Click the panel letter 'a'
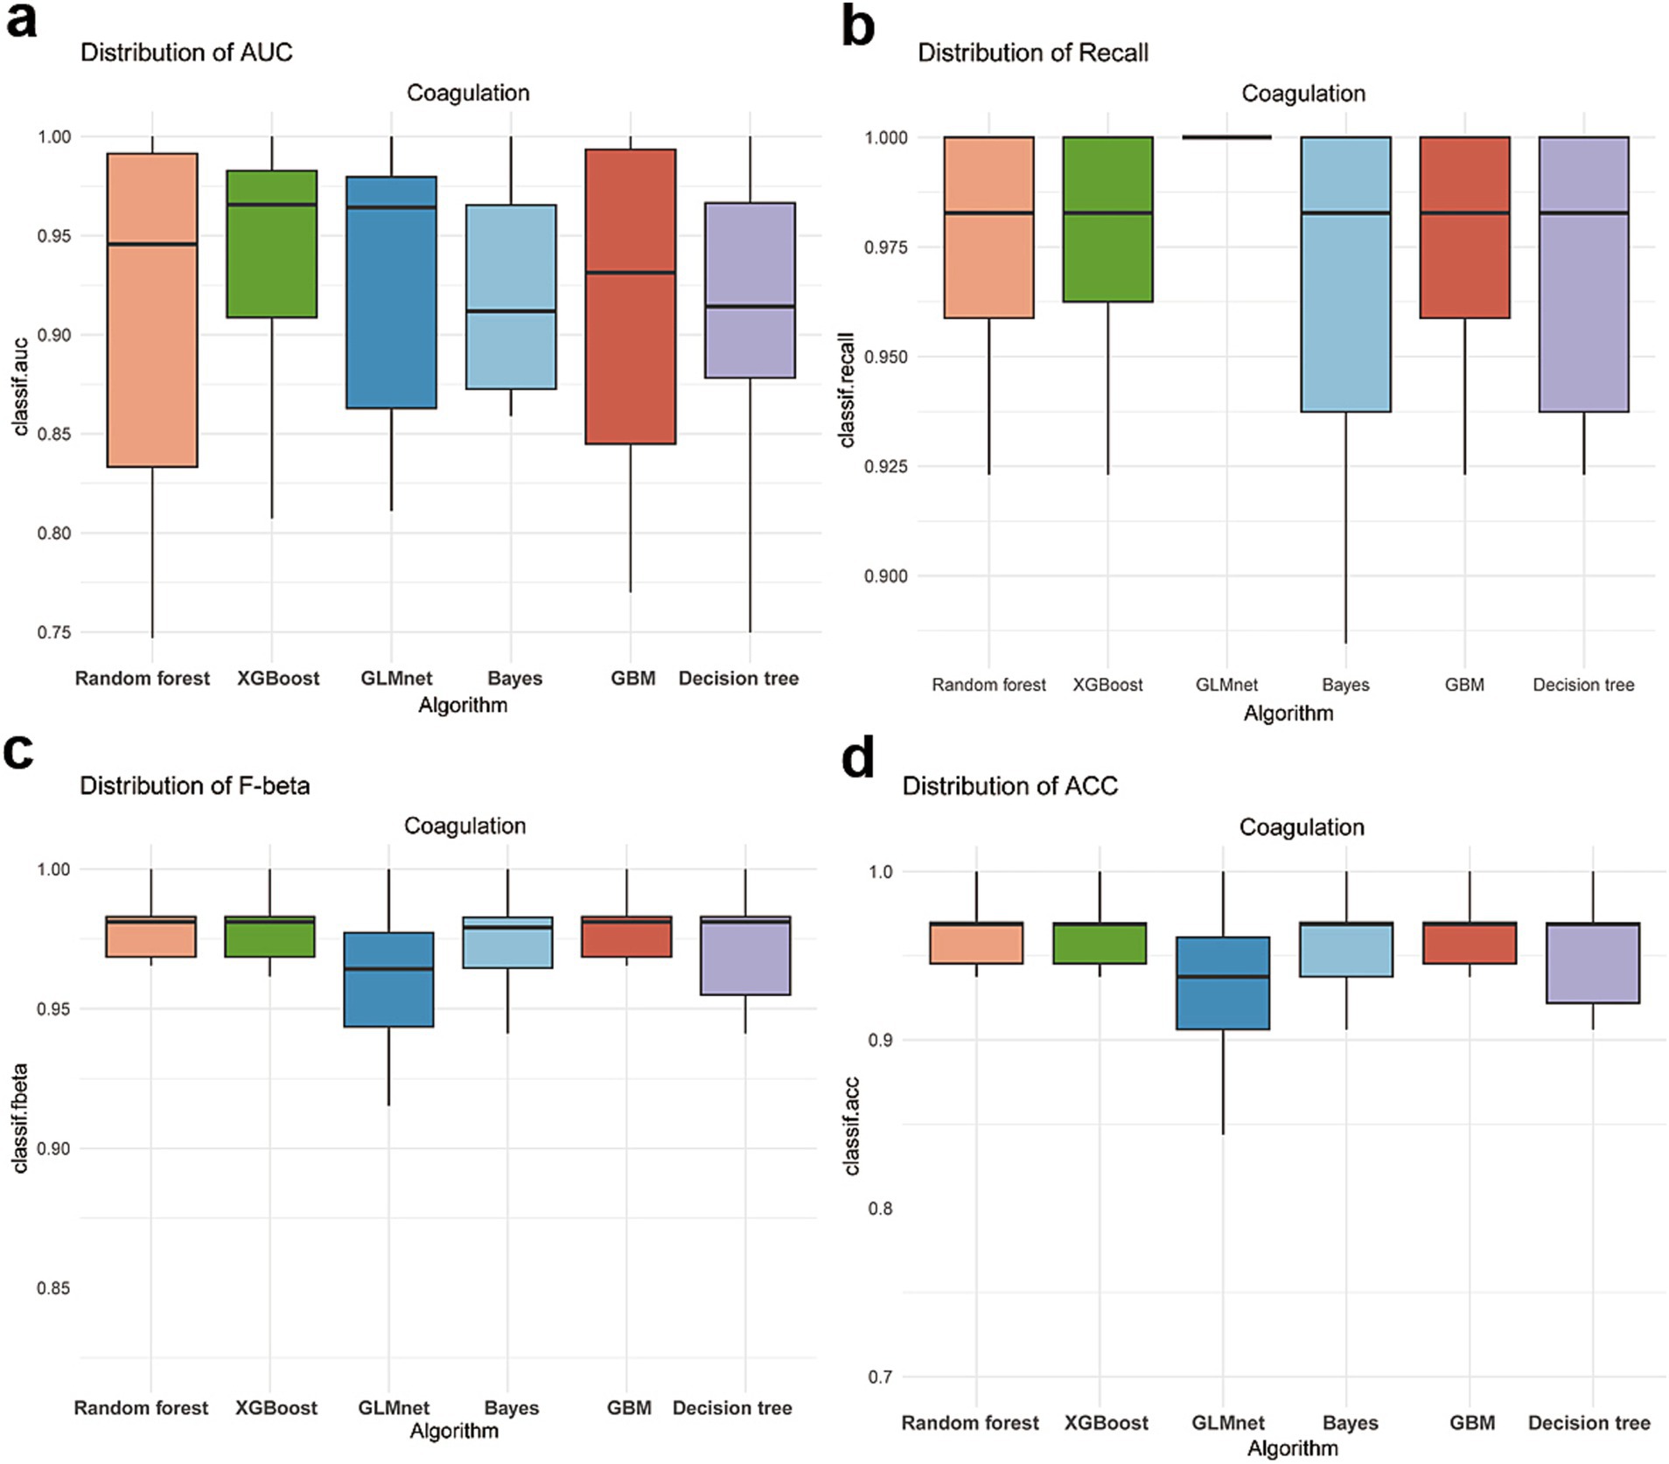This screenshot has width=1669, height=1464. pyautogui.click(x=21, y=21)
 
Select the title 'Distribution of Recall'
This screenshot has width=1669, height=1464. pyautogui.click(x=1032, y=53)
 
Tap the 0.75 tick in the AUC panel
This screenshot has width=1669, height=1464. pyautogui.click(x=53, y=632)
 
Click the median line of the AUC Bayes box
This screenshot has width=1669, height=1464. pyautogui.click(x=511, y=311)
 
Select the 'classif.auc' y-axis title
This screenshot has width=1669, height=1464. pyautogui.click(x=21, y=387)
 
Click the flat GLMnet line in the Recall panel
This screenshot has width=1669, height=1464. pyautogui.click(x=1226, y=137)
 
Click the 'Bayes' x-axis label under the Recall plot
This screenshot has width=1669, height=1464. pyautogui.click(x=1345, y=685)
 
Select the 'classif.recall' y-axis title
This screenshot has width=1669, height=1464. pyautogui.click(x=847, y=389)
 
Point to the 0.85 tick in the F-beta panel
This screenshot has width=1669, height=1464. pyautogui.click(x=52, y=1288)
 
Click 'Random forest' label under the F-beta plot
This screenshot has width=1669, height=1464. pyautogui.click(x=141, y=1408)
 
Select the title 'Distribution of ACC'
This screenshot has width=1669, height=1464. pyautogui.click(x=1009, y=786)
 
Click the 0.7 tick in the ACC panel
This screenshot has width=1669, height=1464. pyautogui.click(x=879, y=1377)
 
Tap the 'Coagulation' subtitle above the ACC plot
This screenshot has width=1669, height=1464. pyautogui.click(x=1301, y=827)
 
